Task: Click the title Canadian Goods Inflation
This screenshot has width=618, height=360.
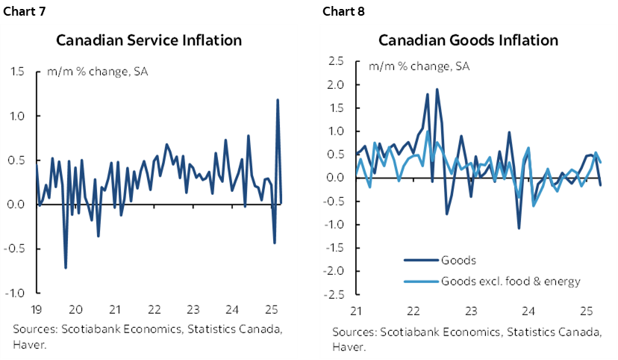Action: [467, 40]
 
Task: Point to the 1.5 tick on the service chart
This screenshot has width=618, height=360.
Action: [16, 72]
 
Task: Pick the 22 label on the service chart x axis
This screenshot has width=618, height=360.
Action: [153, 309]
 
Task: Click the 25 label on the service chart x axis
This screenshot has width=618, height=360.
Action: [271, 309]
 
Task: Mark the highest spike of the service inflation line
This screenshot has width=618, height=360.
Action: [278, 99]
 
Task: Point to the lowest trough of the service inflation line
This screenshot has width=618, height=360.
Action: [66, 267]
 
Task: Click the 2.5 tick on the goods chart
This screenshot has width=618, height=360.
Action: [337, 61]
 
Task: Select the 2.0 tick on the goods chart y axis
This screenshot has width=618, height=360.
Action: [337, 84]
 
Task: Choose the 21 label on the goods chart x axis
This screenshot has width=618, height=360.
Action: [356, 309]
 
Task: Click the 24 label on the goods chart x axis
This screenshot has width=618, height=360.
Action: [528, 309]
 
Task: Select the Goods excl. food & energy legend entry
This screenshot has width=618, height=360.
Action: [511, 281]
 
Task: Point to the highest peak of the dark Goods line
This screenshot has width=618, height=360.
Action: [437, 90]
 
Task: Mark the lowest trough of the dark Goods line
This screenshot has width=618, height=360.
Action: [519, 227]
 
